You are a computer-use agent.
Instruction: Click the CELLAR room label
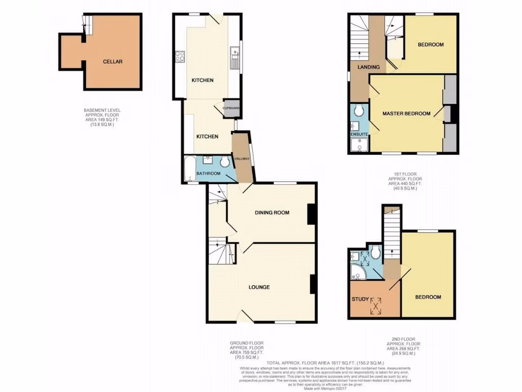(112, 62)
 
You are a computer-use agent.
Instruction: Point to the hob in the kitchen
(180, 56)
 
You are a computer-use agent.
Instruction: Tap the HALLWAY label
(243, 159)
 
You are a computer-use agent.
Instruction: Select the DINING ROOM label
(272, 212)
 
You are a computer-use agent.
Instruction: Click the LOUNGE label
(259, 287)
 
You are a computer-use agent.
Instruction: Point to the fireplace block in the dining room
(311, 214)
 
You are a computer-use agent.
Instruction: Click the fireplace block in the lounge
(313, 284)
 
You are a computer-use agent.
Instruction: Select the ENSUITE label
(359, 135)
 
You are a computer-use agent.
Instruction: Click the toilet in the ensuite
(359, 110)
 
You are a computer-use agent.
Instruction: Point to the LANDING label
(368, 67)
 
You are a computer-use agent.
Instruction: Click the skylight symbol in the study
(376, 306)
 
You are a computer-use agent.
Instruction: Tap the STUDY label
(360, 299)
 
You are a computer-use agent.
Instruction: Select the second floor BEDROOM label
(428, 297)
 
